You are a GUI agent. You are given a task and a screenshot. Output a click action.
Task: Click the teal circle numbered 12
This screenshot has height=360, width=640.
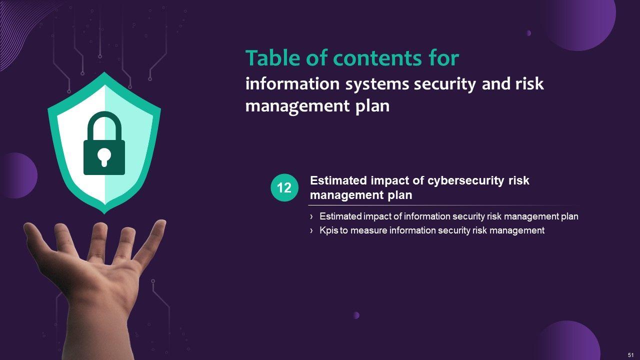pyautogui.click(x=284, y=187)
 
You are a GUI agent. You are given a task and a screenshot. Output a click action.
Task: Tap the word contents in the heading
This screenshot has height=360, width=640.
pyautogui.click(x=377, y=58)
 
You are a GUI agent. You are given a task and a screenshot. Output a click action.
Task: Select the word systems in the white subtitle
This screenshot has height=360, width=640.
pyautogui.click(x=377, y=84)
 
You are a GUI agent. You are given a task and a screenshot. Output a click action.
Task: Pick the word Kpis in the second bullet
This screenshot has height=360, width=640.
pyautogui.click(x=329, y=230)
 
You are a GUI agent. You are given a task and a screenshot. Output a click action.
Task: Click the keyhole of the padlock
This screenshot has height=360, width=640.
pyautogui.click(x=104, y=157)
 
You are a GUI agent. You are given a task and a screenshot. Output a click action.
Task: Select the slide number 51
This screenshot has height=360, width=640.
pyautogui.click(x=631, y=355)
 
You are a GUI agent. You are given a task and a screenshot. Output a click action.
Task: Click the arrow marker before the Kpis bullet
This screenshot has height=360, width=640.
pyautogui.click(x=311, y=230)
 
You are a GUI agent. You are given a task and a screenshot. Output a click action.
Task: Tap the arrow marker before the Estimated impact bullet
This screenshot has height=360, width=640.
pyautogui.click(x=311, y=217)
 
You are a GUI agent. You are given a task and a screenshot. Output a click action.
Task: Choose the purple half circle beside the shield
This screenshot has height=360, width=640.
pyautogui.click(x=20, y=175)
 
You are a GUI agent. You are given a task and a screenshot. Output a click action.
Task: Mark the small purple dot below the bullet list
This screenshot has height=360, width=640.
pyautogui.click(x=356, y=315)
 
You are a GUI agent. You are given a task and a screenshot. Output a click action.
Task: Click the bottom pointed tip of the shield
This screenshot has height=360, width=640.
pyautogui.click(x=104, y=213)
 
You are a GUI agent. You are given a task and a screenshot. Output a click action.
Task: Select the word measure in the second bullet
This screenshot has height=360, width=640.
pyautogui.click(x=368, y=230)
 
